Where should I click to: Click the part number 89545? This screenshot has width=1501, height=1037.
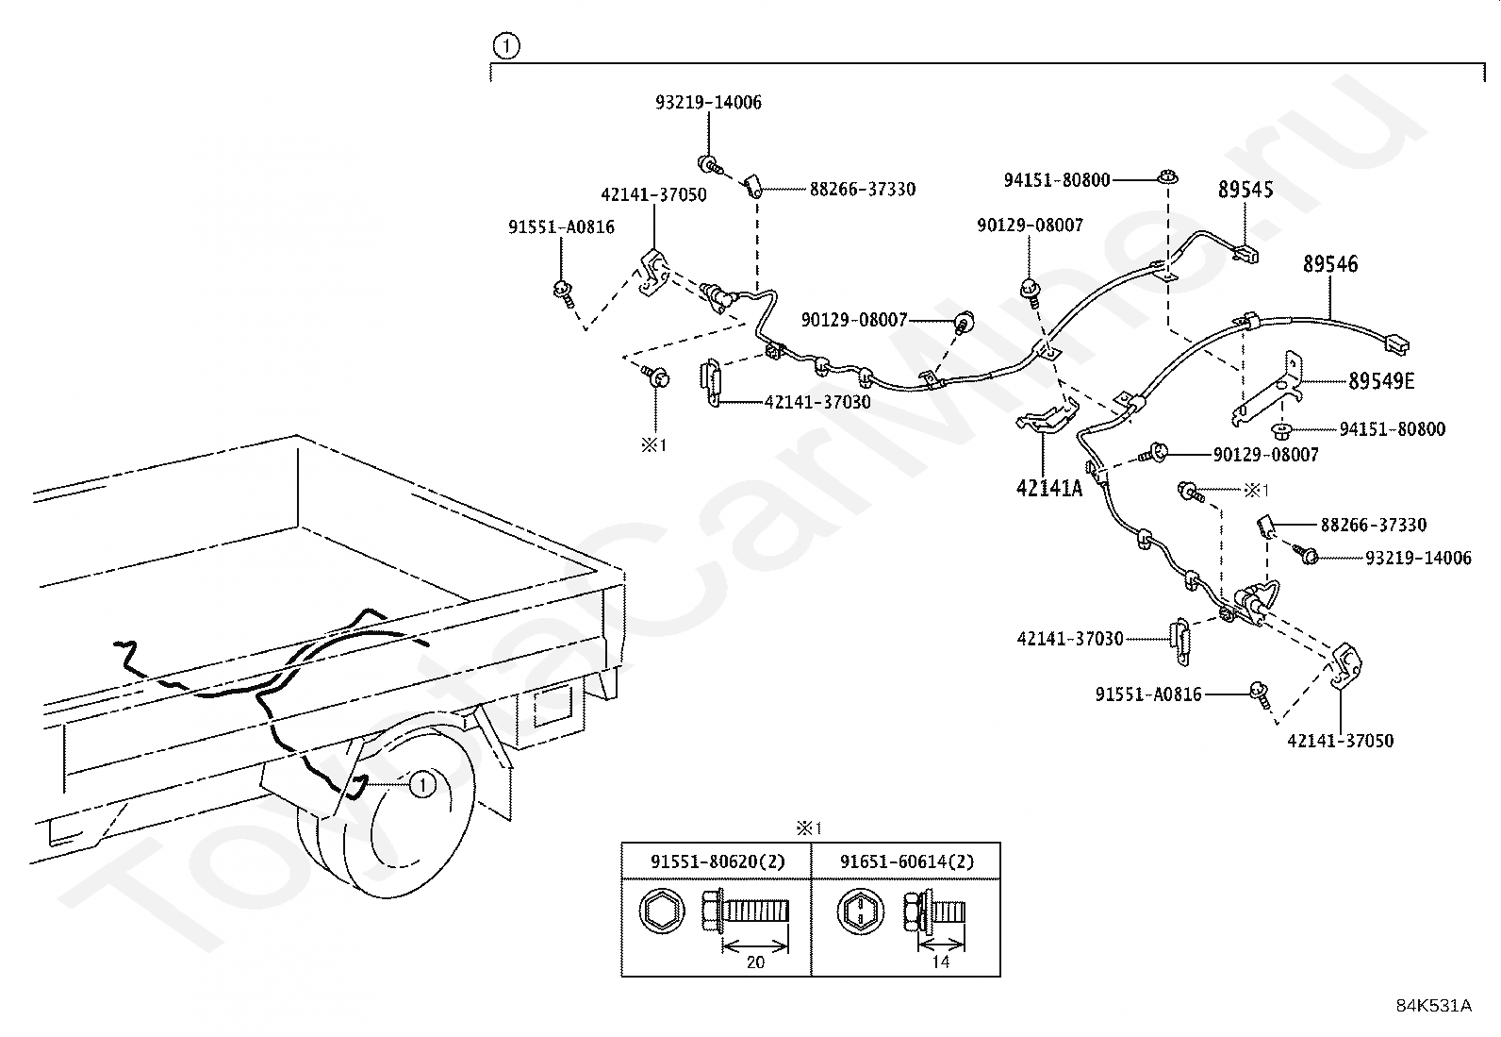coord(1245,190)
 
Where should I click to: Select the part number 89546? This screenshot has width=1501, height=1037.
coord(1330,264)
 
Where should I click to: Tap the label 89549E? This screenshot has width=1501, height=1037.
coord(1381,381)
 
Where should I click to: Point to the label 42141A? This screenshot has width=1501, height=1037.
coord(1048,488)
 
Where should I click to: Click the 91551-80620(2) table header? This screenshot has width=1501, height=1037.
coord(717,861)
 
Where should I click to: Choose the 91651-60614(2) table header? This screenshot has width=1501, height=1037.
coord(906,861)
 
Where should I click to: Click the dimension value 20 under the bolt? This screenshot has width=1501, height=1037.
coord(754,962)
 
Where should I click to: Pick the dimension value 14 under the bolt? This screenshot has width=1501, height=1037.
coord(940,962)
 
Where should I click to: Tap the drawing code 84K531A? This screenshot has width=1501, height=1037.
coord(1433,1005)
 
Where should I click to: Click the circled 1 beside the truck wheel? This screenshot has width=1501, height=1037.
coord(422,784)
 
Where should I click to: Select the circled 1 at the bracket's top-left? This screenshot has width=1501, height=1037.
coord(506,44)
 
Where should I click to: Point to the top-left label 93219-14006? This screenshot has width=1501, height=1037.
coord(708,102)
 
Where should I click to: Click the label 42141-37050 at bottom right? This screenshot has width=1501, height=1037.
coord(1340,741)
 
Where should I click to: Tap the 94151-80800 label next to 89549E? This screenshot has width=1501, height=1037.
coord(1392,429)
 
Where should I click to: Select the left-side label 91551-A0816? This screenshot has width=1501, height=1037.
coord(561,226)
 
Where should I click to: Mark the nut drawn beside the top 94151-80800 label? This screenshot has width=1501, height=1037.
coord(1167,177)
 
